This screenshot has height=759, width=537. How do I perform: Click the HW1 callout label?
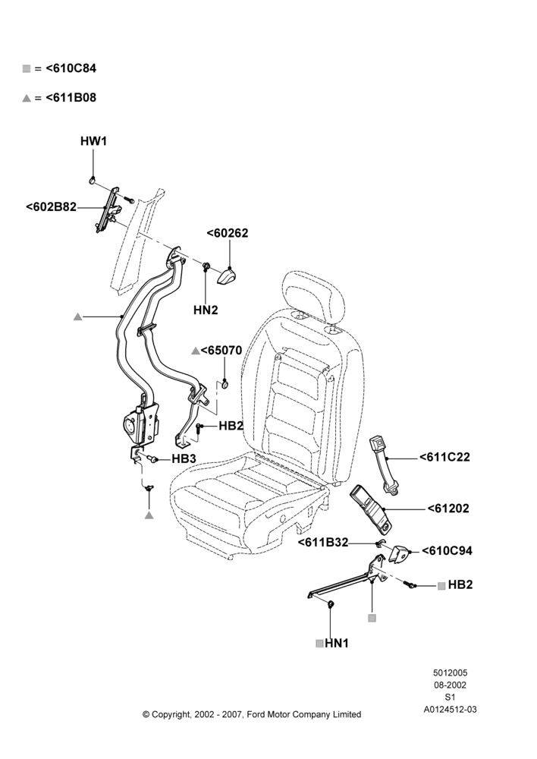click(x=93, y=141)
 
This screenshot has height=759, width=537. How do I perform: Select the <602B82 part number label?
click(x=52, y=207)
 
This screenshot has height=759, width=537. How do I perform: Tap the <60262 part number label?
click(x=228, y=233)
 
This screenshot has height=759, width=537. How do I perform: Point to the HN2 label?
click(x=206, y=310)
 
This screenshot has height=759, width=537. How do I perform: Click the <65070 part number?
click(x=221, y=350)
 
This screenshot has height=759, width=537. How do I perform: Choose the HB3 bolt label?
click(x=184, y=458)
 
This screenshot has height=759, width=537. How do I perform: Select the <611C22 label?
click(x=444, y=457)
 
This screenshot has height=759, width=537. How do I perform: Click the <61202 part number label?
click(x=448, y=509)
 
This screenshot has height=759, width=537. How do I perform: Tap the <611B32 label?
click(x=322, y=543)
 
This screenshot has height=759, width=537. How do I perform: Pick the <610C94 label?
click(x=447, y=550)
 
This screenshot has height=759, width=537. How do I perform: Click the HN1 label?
click(x=337, y=644)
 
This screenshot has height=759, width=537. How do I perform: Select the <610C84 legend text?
click(x=71, y=68)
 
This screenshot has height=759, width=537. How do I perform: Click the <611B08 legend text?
click(x=71, y=97)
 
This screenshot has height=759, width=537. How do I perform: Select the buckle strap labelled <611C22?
click(x=385, y=465)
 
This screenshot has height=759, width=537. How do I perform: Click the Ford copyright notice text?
click(x=252, y=714)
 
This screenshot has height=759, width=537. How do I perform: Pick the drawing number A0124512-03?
click(x=450, y=710)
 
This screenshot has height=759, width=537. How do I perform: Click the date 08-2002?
click(x=450, y=685)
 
